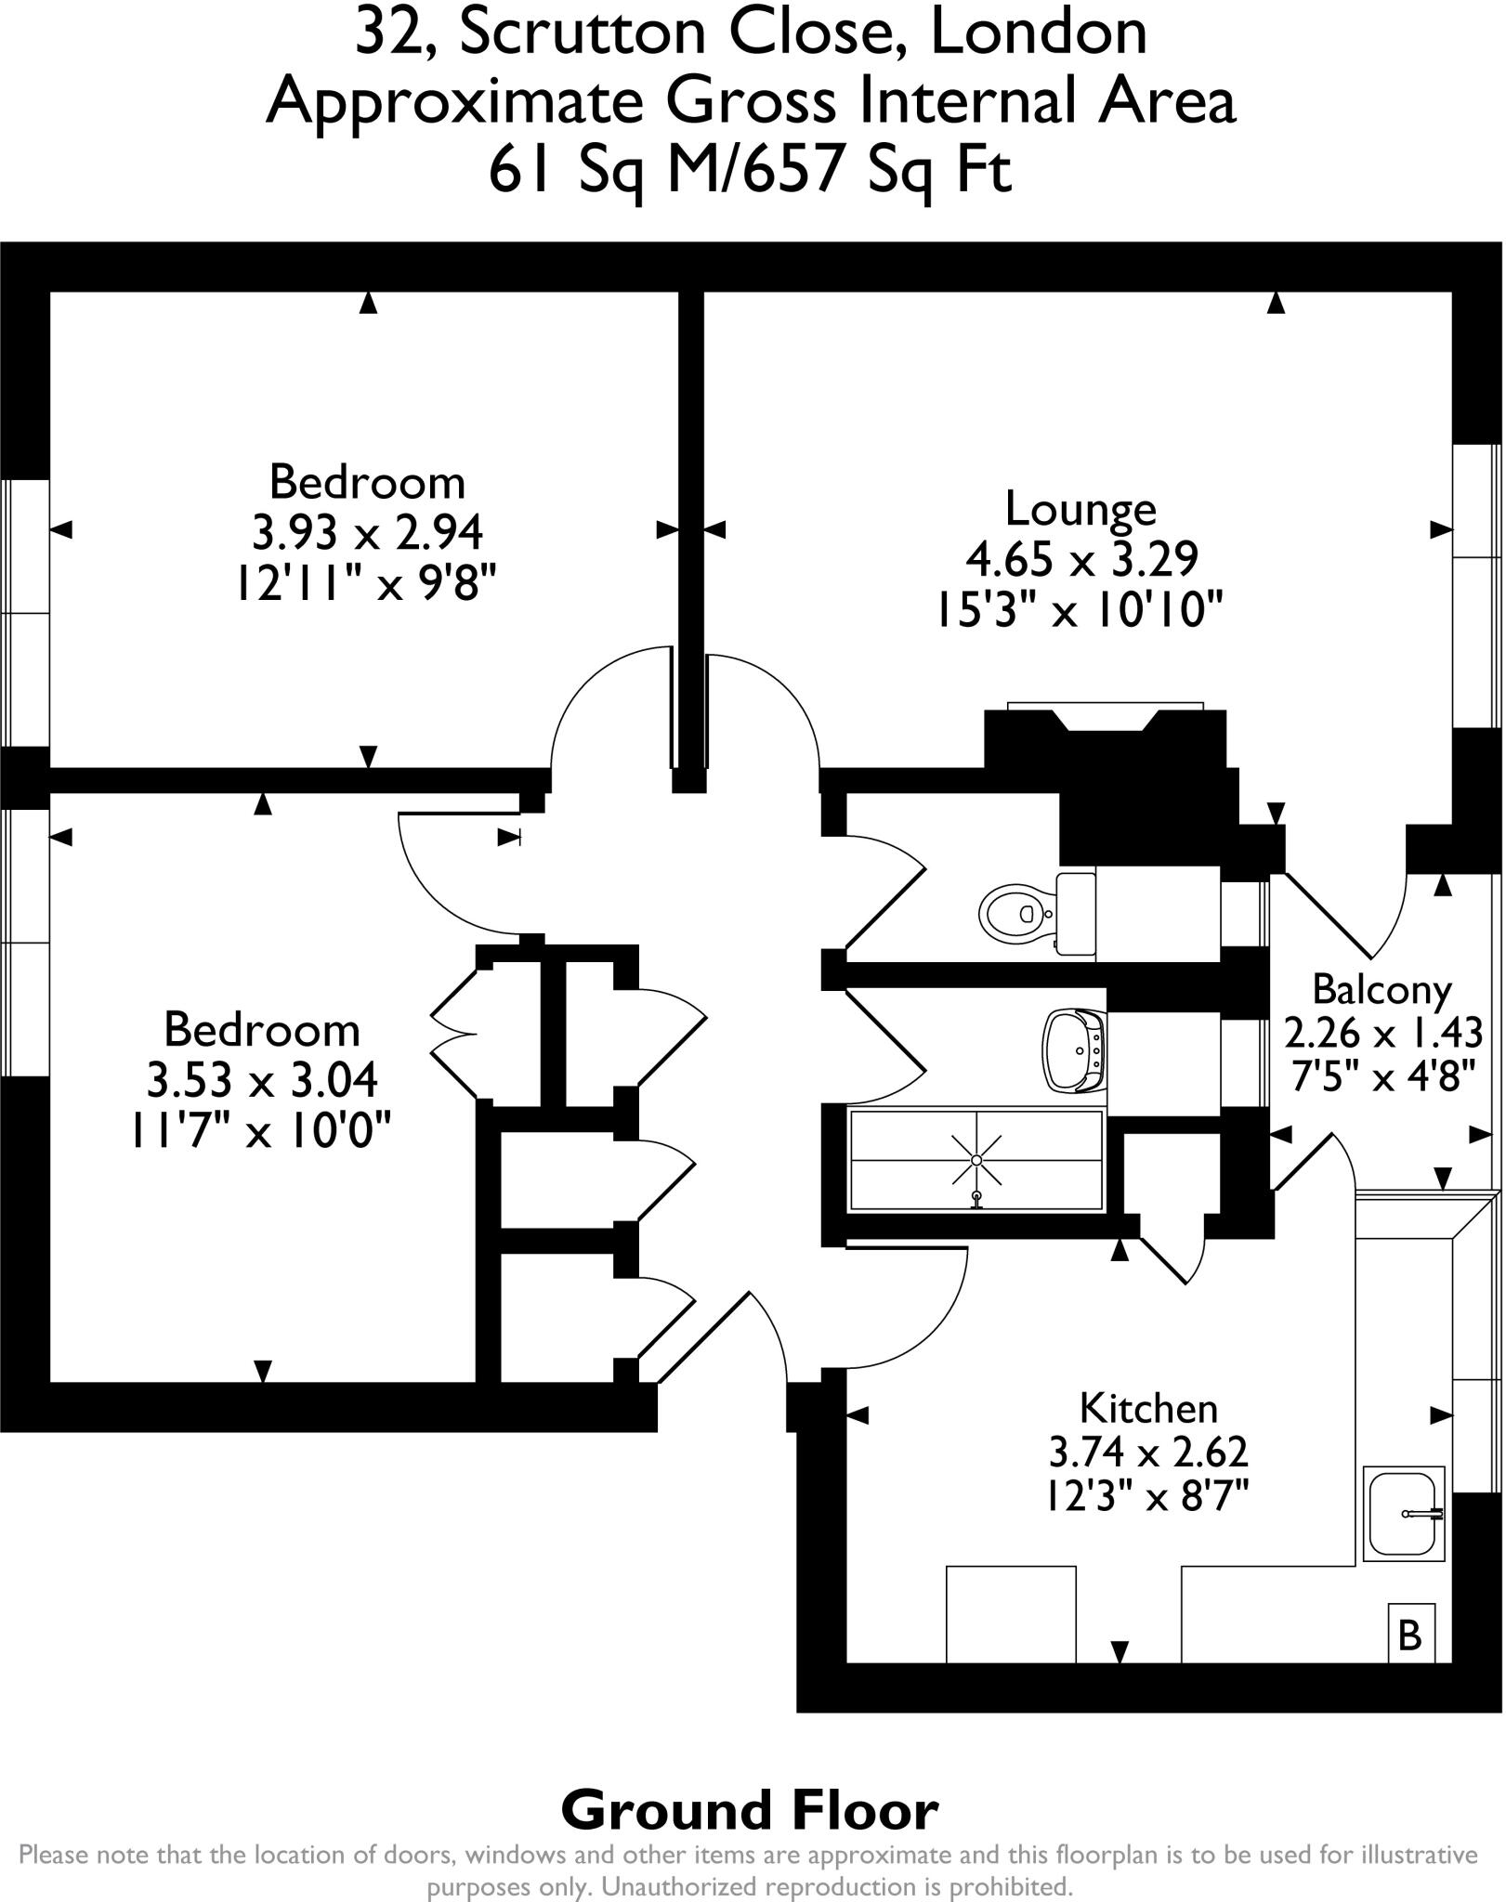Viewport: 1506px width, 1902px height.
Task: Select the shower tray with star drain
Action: point(976,1161)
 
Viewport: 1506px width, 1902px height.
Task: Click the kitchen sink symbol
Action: point(1404,1513)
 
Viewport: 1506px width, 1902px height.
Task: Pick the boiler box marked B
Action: point(1409,1635)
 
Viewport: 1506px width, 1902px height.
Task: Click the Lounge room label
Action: point(1080,509)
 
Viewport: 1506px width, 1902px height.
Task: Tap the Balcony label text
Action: point(1382,990)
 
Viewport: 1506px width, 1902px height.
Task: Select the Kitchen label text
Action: point(1148,1409)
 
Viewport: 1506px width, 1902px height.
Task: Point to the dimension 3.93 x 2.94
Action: point(368,533)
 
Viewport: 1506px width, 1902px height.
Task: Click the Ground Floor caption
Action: point(750,1811)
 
